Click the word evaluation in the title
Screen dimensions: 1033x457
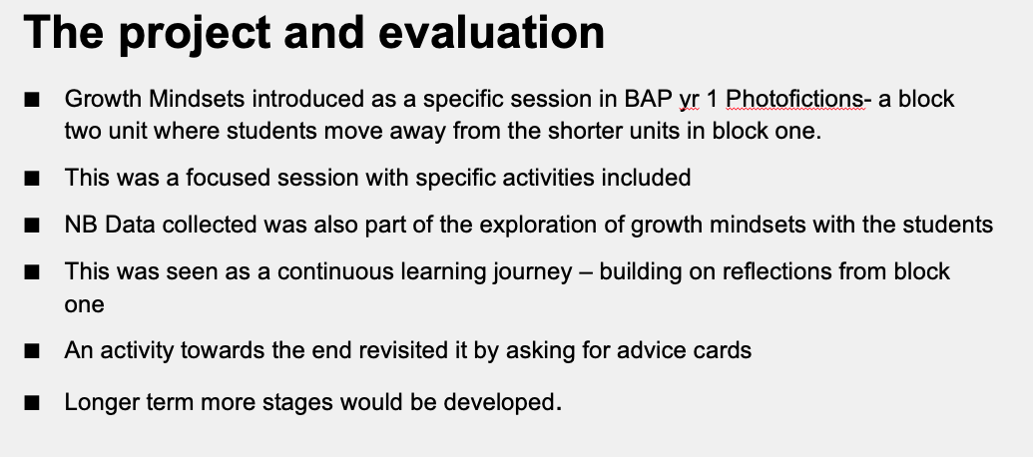tap(491, 32)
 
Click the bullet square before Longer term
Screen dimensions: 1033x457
tap(32, 402)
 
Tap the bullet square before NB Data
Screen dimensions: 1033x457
tap(32, 226)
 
